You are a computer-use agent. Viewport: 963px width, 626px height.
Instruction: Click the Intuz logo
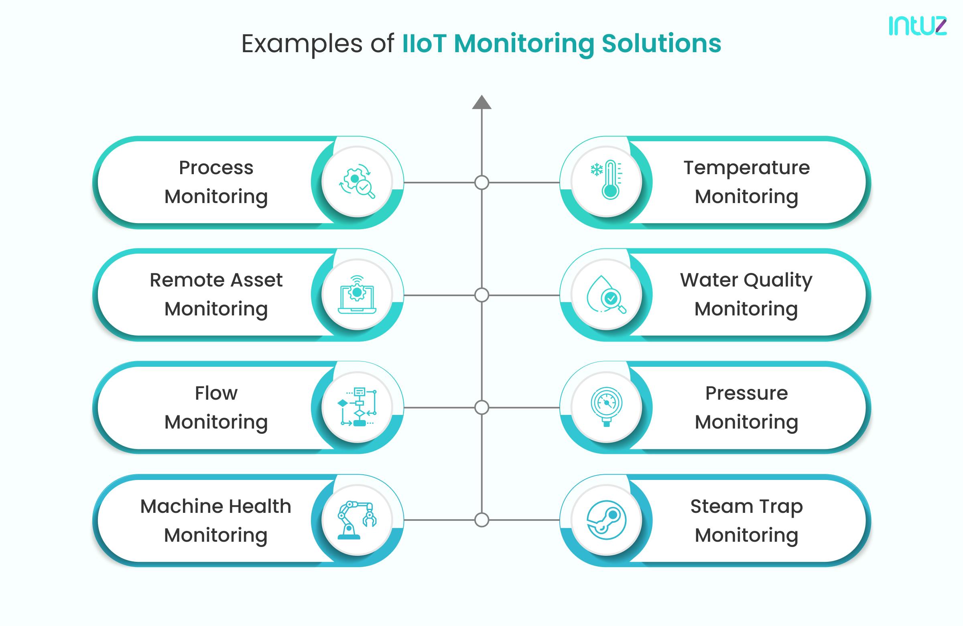click(x=917, y=26)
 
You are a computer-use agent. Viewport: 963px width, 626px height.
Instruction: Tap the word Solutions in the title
click(x=661, y=43)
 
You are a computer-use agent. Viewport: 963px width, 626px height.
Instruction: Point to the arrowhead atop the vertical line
click(x=481, y=102)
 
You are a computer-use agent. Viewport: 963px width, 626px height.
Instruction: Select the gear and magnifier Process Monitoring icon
click(x=357, y=182)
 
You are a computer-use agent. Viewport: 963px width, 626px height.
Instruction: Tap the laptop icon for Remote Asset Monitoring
click(x=357, y=295)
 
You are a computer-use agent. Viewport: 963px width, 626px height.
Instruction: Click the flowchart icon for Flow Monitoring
click(x=357, y=406)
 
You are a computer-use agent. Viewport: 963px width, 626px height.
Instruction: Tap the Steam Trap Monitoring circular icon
click(x=606, y=520)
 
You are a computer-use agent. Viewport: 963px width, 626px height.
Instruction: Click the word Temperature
click(x=747, y=168)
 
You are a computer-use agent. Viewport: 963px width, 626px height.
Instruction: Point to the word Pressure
click(x=747, y=393)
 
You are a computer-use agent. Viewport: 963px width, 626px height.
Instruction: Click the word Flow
click(x=216, y=393)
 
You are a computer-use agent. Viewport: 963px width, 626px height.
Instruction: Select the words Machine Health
click(x=215, y=506)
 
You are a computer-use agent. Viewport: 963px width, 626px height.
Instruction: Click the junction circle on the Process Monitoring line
click(x=481, y=183)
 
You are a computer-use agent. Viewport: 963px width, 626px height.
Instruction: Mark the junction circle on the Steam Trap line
click(x=481, y=520)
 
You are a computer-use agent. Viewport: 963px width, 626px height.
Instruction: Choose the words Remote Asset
click(x=216, y=280)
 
